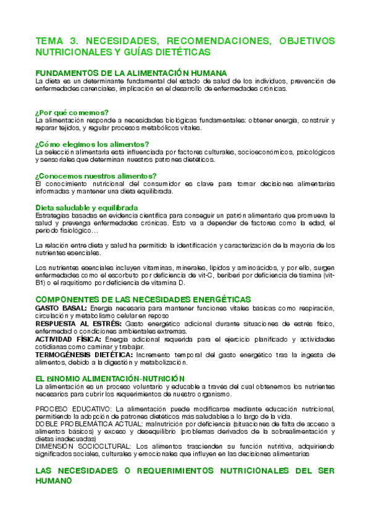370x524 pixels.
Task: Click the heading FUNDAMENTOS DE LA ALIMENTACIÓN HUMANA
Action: [x=131, y=73]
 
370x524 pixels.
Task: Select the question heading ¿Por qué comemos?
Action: [x=72, y=112]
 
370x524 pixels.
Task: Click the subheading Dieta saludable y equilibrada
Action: [x=86, y=207]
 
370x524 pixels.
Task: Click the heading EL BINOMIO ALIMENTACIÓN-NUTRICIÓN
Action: [x=110, y=378]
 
